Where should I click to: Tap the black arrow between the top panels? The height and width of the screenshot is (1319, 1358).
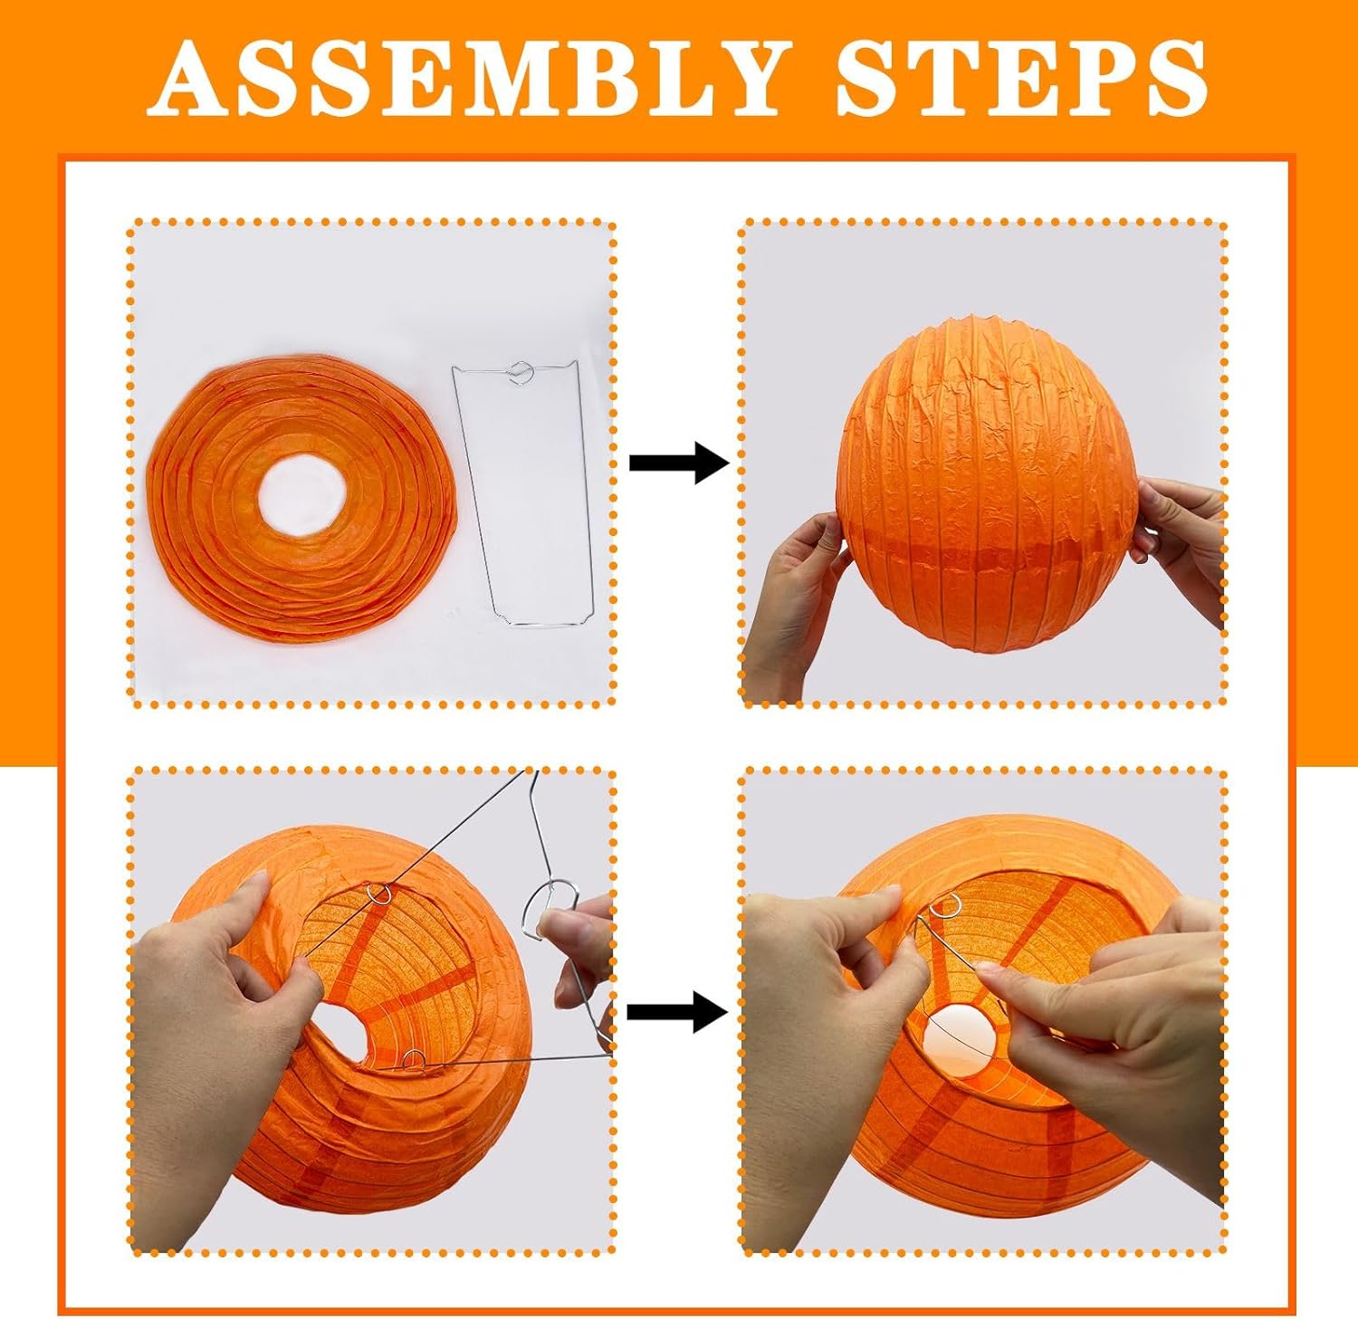pyautogui.click(x=679, y=463)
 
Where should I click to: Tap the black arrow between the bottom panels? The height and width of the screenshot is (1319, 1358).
pyautogui.click(x=677, y=1011)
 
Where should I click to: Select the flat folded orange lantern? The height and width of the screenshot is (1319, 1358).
pyautogui.click(x=302, y=504)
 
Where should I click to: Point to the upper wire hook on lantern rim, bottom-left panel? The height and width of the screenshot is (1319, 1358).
pyautogui.click(x=381, y=894)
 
